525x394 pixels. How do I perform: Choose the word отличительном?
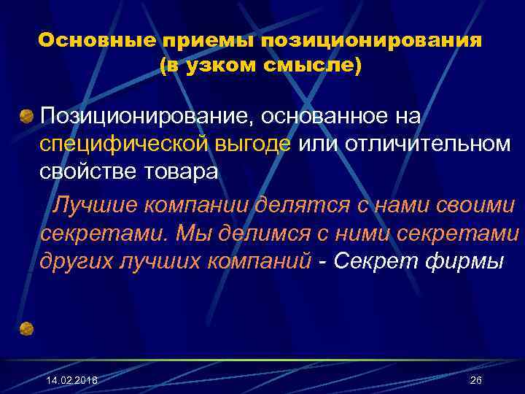pyautogui.click(x=421, y=144)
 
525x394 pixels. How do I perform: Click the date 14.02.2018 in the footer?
pyautogui.click(x=71, y=381)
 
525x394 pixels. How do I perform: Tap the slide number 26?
pyautogui.click(x=476, y=381)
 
